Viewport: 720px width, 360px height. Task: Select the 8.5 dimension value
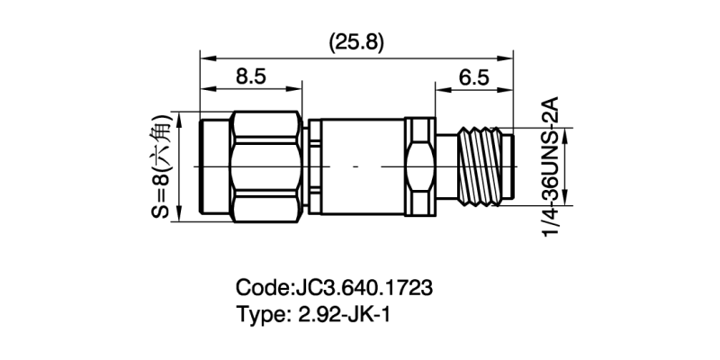250,76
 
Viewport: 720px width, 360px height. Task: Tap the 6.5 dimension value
473,76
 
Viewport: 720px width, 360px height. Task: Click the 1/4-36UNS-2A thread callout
551,166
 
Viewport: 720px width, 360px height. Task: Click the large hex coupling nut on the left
265,166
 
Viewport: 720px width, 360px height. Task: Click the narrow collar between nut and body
311,166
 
